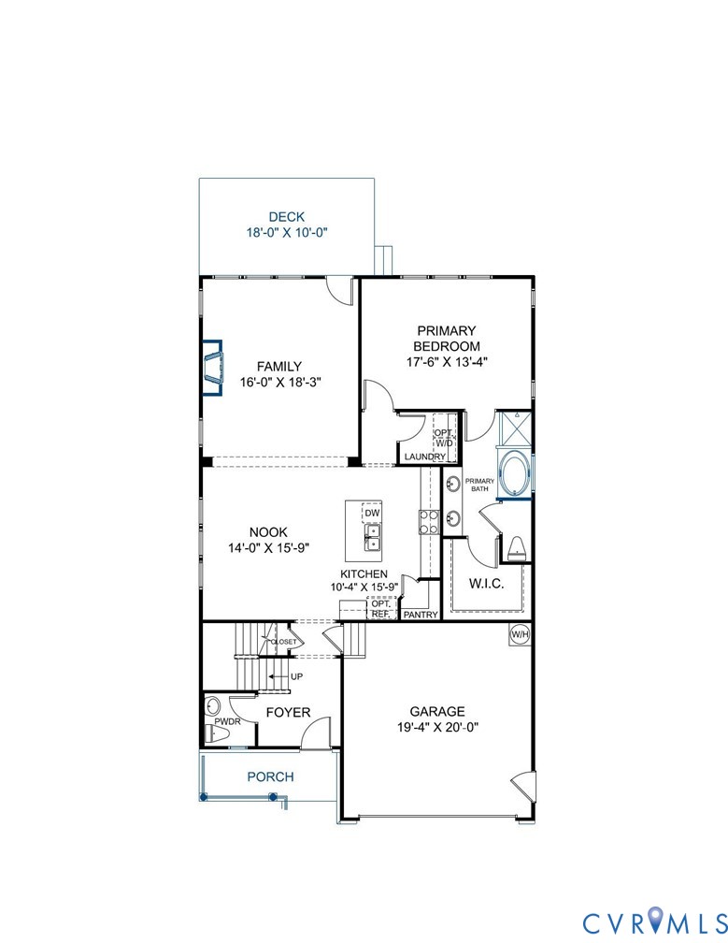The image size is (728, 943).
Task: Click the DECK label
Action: [286, 217]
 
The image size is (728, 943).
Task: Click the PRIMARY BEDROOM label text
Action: [447, 338]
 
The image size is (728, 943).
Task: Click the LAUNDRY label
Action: [425, 457]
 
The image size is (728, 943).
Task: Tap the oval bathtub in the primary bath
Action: [515, 473]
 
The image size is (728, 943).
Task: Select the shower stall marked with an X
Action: [515, 428]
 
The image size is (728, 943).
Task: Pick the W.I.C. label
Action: [485, 585]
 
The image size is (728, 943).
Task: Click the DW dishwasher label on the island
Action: [372, 513]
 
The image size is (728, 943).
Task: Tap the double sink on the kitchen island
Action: [372, 538]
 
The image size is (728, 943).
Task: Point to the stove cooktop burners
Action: [428, 522]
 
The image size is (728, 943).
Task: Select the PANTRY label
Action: [420, 615]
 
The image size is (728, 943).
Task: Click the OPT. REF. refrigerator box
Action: [379, 609]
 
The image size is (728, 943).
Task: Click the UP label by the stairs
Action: [297, 675]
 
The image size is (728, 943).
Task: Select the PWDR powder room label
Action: [227, 722]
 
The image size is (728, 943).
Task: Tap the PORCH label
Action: [270, 776]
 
